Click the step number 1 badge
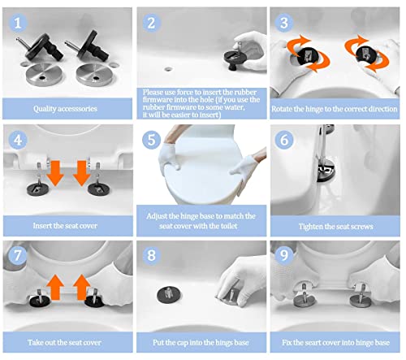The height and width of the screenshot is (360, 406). [18, 23]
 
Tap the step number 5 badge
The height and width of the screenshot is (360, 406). [151, 140]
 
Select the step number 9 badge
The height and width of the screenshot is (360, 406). [284, 255]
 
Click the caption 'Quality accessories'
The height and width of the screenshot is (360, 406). [65, 109]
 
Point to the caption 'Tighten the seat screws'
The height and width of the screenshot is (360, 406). [336, 226]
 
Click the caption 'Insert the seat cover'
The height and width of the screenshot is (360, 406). [65, 226]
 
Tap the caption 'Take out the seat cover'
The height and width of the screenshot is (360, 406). [64, 342]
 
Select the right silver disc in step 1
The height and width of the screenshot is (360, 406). [94, 74]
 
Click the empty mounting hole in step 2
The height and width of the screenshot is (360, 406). [168, 69]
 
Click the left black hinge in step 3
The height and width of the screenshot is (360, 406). [308, 56]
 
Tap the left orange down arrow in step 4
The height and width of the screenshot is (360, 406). [55, 173]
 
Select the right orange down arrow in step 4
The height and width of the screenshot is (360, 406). [82, 173]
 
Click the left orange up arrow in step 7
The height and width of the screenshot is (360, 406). [55, 287]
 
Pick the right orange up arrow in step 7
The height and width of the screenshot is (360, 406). [82, 287]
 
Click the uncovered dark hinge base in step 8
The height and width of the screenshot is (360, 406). [168, 295]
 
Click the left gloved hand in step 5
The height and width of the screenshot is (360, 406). [170, 156]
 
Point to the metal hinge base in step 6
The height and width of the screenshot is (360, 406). [326, 171]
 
